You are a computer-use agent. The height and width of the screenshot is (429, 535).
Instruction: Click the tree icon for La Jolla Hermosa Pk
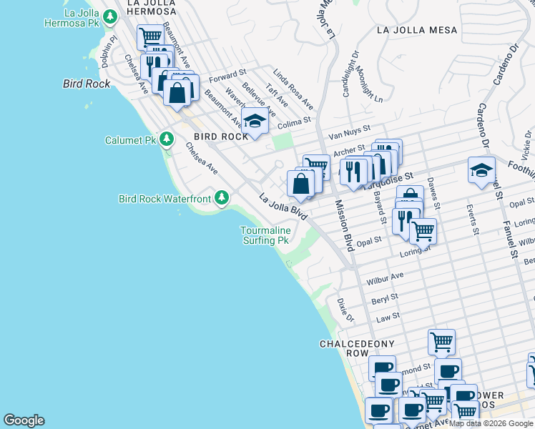pyautogui.click(x=109, y=16)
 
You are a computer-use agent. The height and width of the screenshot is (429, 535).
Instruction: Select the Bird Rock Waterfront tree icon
pyautogui.click(x=222, y=197)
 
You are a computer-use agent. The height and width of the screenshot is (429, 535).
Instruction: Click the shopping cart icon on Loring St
pyautogui.click(x=423, y=231)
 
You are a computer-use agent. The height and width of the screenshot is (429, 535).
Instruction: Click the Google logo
pyautogui.click(x=24, y=420)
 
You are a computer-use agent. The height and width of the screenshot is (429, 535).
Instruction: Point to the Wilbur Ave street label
pyautogui.click(x=384, y=277)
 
